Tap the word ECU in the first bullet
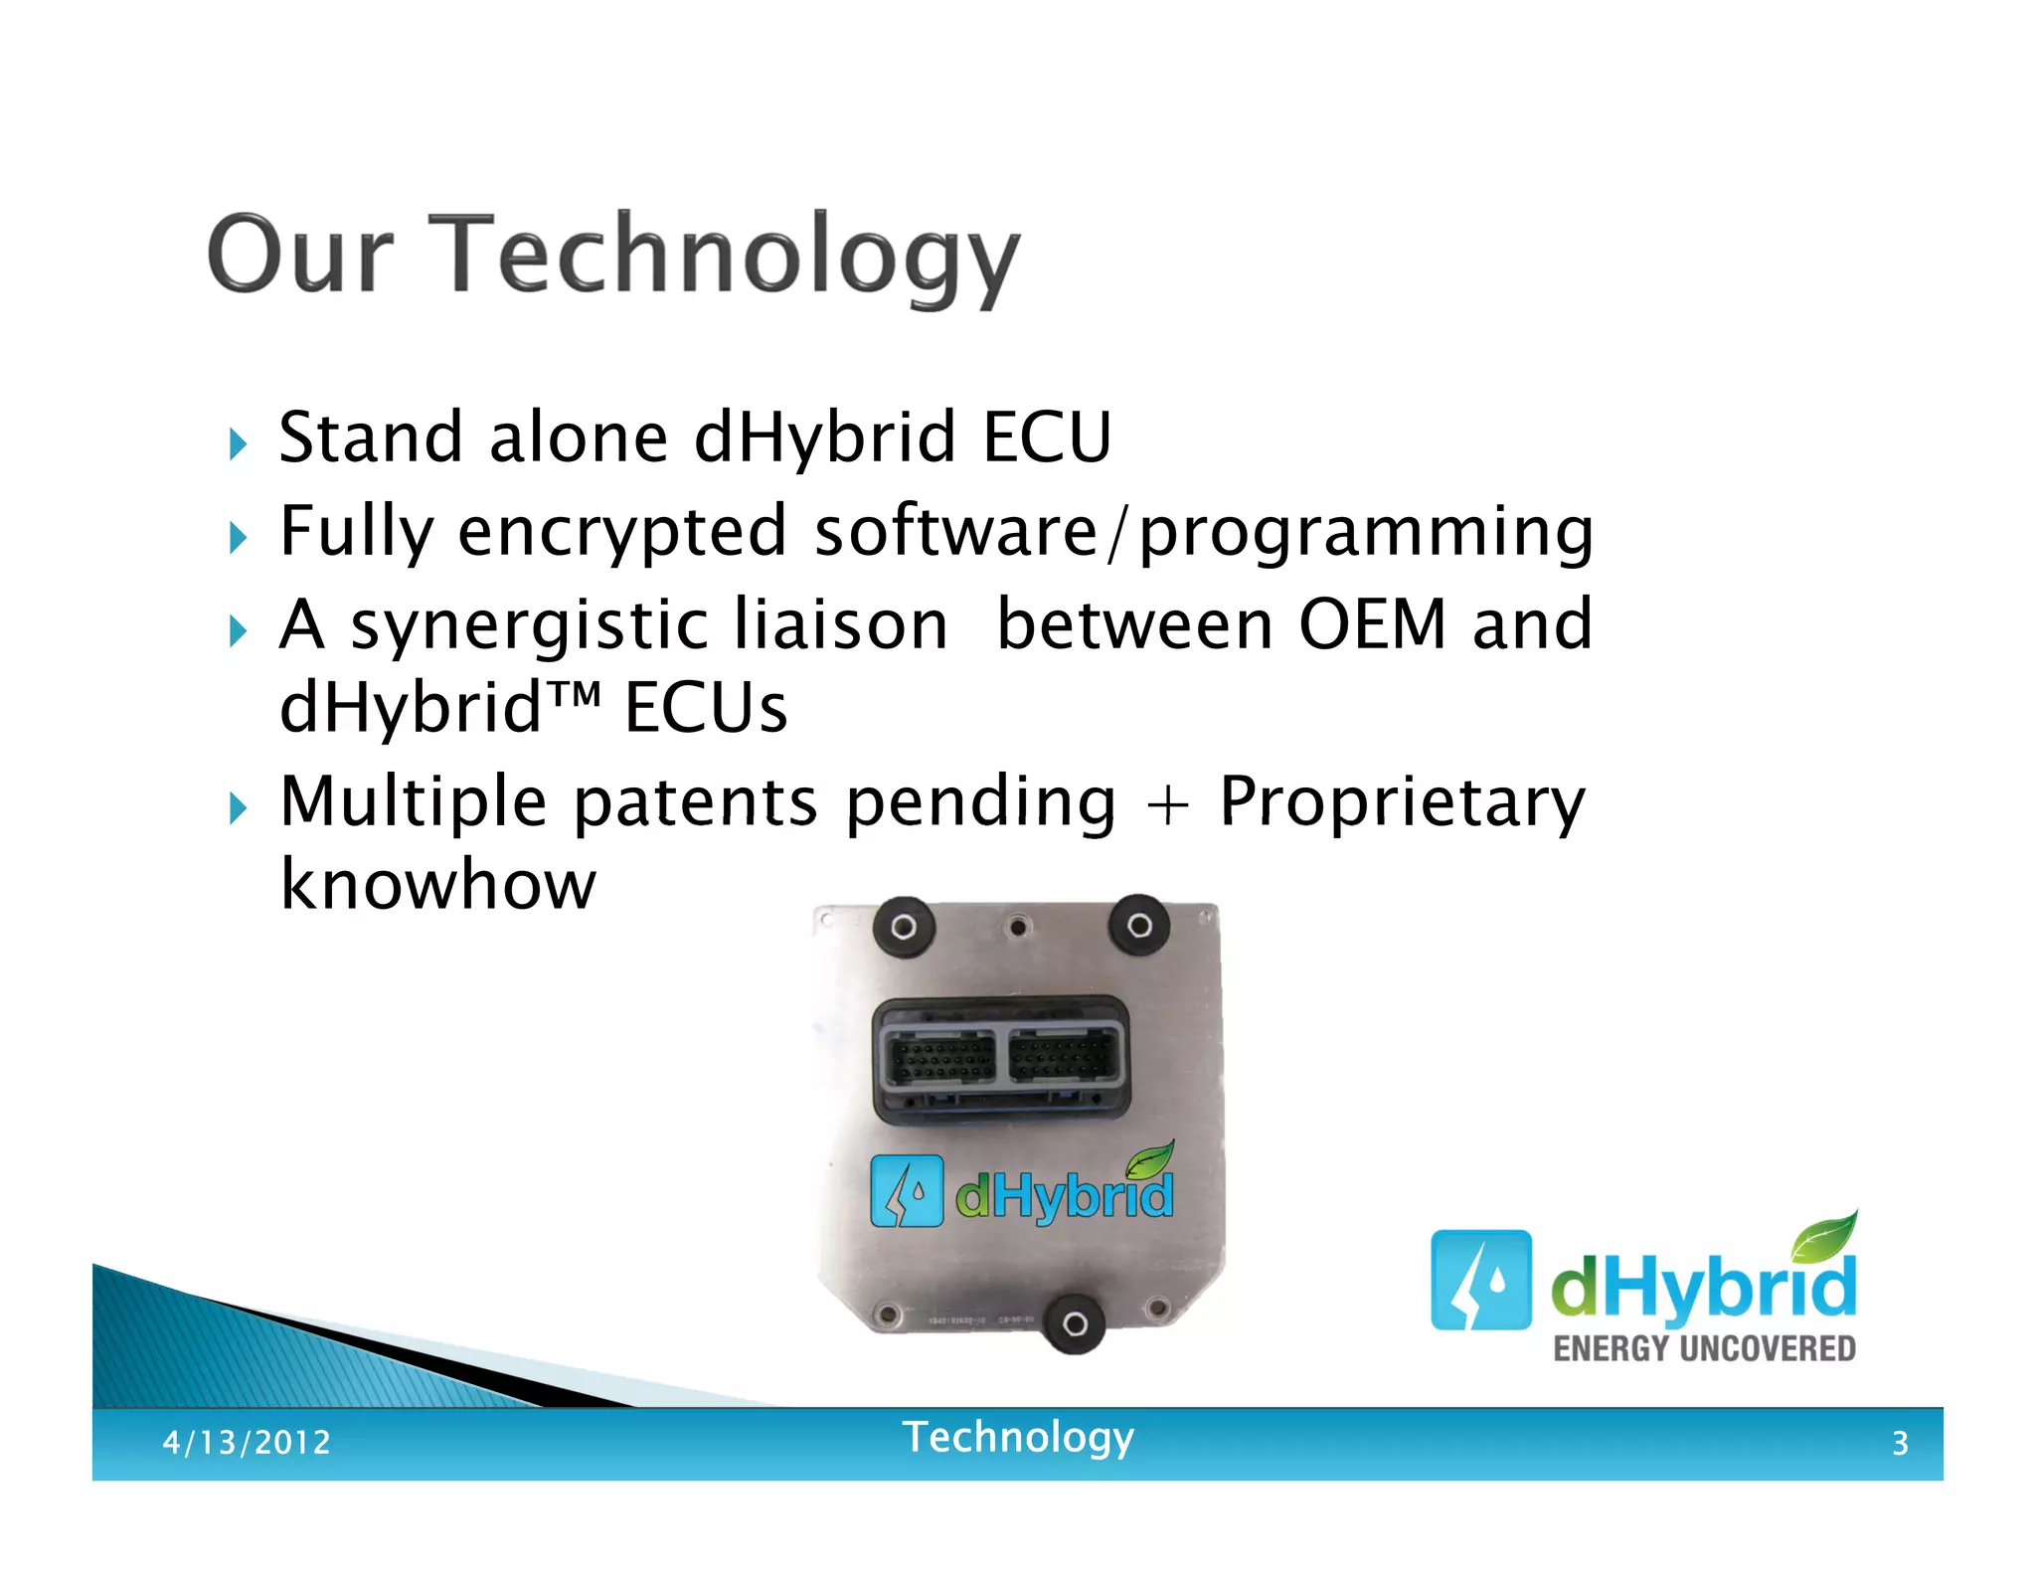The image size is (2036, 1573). (1047, 437)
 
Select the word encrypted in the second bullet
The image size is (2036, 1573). (622, 532)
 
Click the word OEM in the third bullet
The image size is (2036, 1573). (1372, 625)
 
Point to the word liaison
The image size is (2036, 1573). (841, 625)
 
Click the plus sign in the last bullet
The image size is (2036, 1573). (1167, 804)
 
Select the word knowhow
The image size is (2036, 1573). (437, 885)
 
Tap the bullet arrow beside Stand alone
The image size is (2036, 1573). (237, 443)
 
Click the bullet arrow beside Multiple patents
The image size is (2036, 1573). (237, 807)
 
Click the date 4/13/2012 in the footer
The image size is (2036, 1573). (247, 1442)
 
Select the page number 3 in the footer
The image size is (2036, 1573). (1900, 1443)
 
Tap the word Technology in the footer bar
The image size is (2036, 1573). (1017, 1438)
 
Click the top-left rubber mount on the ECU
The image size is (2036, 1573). (903, 927)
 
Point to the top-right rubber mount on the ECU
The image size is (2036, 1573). (1139, 926)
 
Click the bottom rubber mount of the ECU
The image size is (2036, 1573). (1074, 1323)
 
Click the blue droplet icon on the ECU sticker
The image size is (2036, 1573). (906, 1190)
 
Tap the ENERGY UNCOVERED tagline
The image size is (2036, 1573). (1704, 1349)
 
